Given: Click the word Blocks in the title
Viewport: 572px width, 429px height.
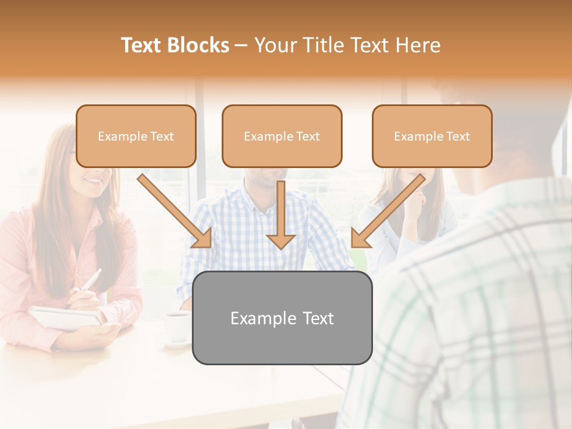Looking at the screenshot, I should (x=198, y=45).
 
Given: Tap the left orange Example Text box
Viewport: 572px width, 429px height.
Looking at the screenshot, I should (x=136, y=136).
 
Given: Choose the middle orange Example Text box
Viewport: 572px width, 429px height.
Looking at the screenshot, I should (x=282, y=136).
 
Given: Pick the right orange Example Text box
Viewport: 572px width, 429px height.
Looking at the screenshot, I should (x=432, y=136).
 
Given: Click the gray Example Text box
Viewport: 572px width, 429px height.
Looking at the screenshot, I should (x=282, y=318).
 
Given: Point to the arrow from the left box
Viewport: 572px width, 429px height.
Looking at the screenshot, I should (x=173, y=209).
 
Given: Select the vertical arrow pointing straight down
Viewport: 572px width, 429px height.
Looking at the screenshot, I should (x=281, y=214).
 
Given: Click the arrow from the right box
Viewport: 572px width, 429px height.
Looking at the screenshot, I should (x=390, y=209).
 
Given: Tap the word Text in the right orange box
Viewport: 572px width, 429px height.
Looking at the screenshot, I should (x=458, y=136).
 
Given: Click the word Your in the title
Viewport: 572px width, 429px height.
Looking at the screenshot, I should (x=273, y=45).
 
